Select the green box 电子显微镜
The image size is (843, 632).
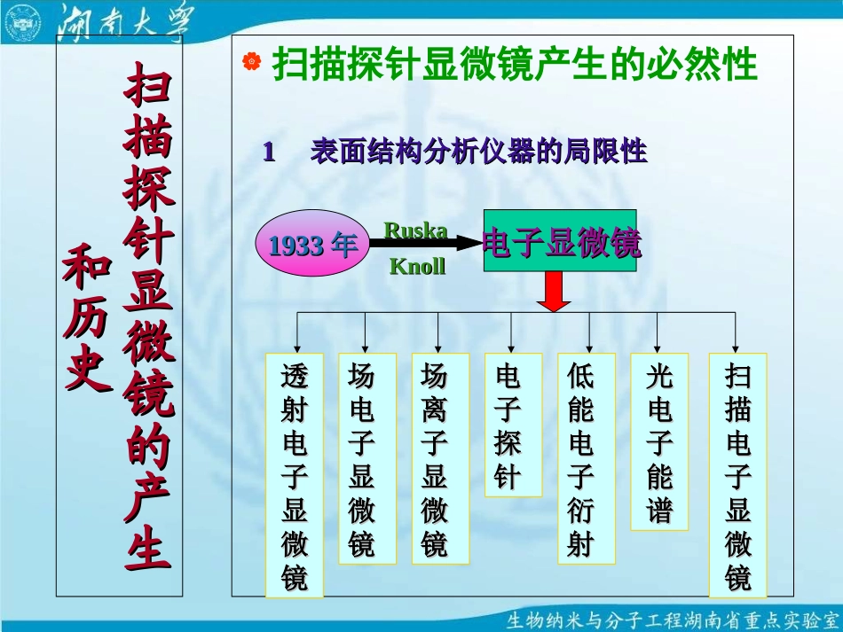click(x=560, y=241)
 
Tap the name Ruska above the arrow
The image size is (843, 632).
click(x=414, y=230)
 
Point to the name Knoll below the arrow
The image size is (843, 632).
click(x=417, y=267)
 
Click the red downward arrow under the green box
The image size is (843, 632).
click(x=555, y=292)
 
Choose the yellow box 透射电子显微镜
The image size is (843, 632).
click(x=295, y=475)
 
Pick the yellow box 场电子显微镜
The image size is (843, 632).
click(x=361, y=458)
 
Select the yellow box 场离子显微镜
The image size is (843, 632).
click(x=434, y=458)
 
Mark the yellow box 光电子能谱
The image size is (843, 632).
click(x=659, y=441)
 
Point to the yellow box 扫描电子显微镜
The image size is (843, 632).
click(x=737, y=475)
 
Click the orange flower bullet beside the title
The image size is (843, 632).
click(x=252, y=62)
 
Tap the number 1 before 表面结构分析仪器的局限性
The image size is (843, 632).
click(x=268, y=152)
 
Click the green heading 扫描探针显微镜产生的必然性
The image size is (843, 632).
click(x=515, y=64)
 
